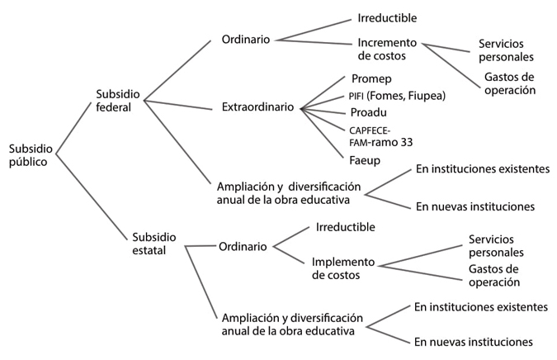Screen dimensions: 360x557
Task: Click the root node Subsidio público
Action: pyautogui.click(x=31, y=155)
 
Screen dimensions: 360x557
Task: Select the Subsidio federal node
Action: pyautogui.click(x=120, y=100)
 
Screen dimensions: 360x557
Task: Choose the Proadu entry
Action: pyautogui.click(x=368, y=112)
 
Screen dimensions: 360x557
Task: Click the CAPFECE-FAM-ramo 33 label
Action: pyautogui.click(x=381, y=135)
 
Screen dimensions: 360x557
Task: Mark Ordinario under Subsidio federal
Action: pyautogui.click(x=248, y=39)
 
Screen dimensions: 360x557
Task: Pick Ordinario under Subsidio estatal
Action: pyautogui.click(x=243, y=245)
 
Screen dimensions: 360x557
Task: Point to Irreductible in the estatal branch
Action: pyautogui.click(x=346, y=226)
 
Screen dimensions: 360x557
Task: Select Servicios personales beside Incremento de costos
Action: pyautogui.click(x=506, y=50)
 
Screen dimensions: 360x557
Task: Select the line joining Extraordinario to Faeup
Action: pyautogui.click(x=322, y=131)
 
